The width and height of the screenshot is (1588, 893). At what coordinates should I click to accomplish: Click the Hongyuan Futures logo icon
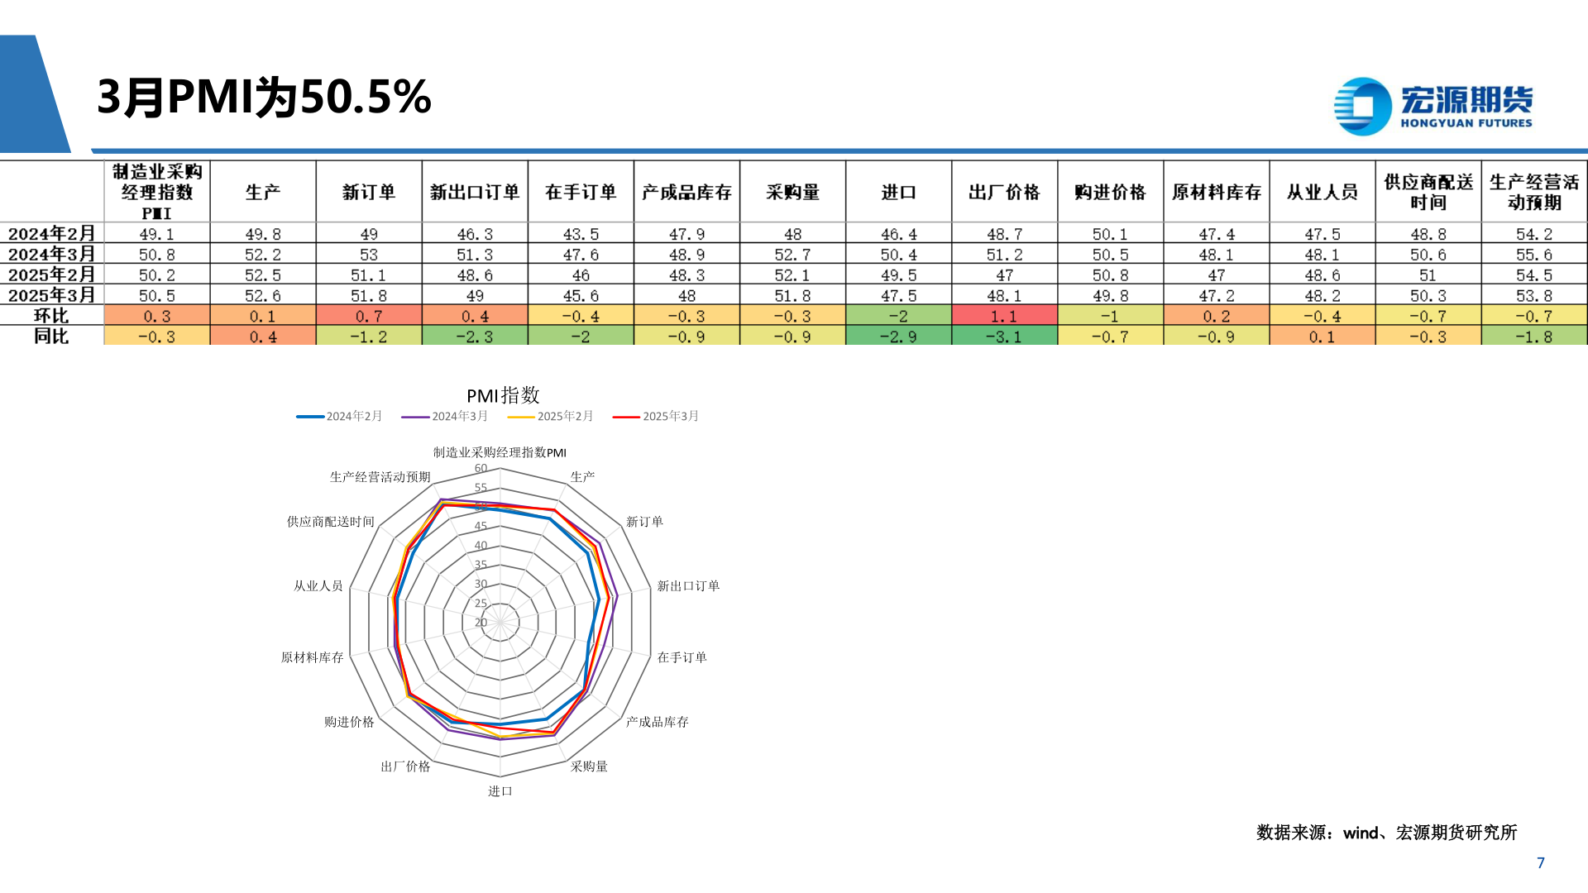click(1362, 106)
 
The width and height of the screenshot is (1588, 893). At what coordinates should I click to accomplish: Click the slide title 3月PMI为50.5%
click(264, 97)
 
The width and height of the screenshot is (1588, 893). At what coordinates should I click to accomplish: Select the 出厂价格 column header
click(1004, 192)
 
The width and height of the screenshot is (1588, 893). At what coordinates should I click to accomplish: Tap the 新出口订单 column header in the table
click(475, 192)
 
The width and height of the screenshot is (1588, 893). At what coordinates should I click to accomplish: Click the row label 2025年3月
click(51, 295)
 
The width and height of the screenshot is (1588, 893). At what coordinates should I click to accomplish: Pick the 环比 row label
click(51, 316)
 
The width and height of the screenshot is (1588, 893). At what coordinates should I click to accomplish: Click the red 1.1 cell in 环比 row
click(1004, 316)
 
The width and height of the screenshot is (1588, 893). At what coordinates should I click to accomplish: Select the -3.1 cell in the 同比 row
click(1004, 337)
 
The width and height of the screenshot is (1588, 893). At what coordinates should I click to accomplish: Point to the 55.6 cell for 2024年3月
click(1533, 255)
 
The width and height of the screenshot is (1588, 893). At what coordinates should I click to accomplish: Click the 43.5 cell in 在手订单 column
click(581, 234)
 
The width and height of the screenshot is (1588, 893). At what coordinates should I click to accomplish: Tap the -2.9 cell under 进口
click(898, 337)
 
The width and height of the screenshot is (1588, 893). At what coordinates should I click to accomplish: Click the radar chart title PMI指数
click(503, 395)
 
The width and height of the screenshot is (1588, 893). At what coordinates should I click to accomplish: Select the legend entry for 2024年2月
click(340, 416)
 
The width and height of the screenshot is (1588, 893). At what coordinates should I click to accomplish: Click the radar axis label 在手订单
click(682, 657)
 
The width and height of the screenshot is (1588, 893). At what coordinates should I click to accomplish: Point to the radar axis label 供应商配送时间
click(330, 522)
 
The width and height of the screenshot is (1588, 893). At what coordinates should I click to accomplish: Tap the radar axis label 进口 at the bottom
click(500, 791)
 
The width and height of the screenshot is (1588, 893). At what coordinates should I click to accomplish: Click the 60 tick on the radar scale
click(481, 468)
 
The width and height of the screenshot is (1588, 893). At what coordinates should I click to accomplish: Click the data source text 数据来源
click(1386, 833)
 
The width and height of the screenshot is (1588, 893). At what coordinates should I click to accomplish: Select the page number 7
click(1540, 862)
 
